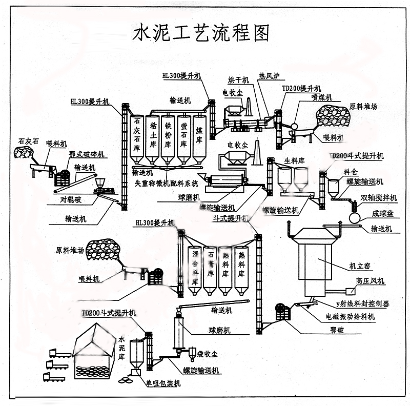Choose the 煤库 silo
pos(199,134)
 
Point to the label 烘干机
pos(238,80)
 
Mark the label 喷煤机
pos(322,97)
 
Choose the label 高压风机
pos(370,281)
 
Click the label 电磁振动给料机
pos(350,317)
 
